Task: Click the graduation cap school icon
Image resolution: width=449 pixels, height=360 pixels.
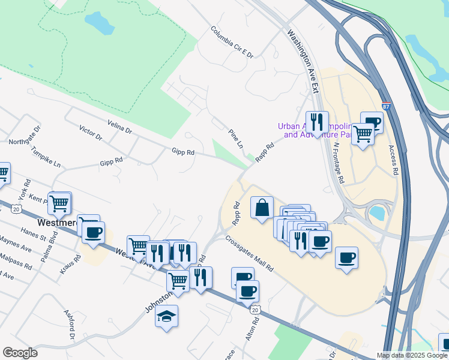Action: point(166,316)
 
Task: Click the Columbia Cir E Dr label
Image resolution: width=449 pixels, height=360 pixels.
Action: point(232,42)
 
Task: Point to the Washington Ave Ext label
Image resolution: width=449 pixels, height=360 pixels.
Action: point(304,61)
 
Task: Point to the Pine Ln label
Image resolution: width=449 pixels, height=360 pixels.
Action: point(236,139)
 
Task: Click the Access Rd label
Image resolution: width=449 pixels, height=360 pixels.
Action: point(394,160)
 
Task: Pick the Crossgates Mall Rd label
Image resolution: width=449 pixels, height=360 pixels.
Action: point(250,253)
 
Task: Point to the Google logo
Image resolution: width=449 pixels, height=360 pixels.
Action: point(20,353)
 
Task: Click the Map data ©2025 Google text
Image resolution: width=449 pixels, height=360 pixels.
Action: point(411,355)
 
